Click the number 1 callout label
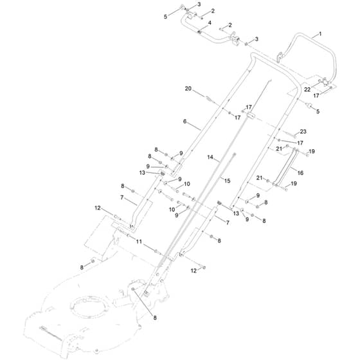320,34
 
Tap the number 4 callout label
210,23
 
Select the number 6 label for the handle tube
185,122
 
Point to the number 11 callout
139,242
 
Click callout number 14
210,157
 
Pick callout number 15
227,181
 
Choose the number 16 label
300,173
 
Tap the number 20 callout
188,89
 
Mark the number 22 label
307,90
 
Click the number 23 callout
303,132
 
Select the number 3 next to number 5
199,4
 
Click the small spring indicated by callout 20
209,99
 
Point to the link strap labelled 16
285,168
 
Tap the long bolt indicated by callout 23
290,134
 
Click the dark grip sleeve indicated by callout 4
199,32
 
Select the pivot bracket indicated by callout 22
325,82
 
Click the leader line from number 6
195,126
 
